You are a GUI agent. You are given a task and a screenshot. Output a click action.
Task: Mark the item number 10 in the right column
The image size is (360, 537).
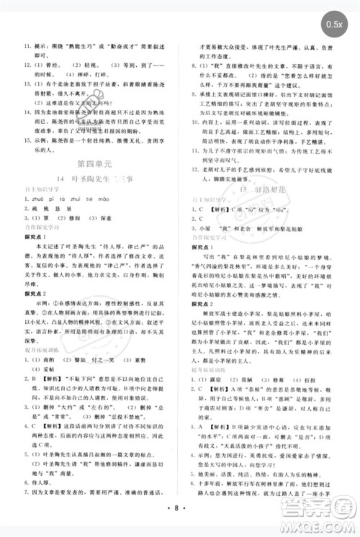click(x=194, y=123)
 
